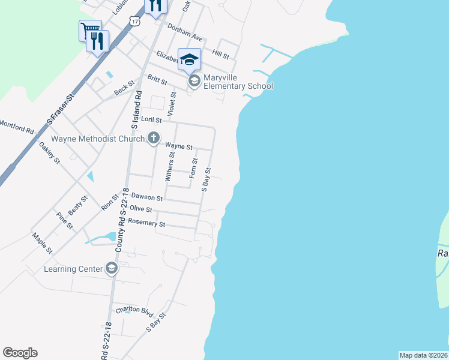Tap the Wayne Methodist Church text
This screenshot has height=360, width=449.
[x=98, y=139]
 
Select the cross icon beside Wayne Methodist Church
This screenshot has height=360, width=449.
[x=153, y=139]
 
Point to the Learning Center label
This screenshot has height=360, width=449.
[x=73, y=269]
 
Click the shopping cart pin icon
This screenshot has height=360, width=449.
[x=89, y=29]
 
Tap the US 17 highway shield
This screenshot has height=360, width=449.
[x=136, y=21]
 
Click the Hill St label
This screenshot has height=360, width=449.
[x=221, y=55]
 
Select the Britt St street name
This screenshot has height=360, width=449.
[x=157, y=79]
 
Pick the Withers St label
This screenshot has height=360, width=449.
[x=169, y=167]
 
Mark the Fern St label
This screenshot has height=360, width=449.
[x=193, y=168]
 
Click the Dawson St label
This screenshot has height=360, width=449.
[x=147, y=197]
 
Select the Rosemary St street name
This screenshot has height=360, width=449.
[x=146, y=224]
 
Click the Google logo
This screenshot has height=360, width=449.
[x=20, y=353]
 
